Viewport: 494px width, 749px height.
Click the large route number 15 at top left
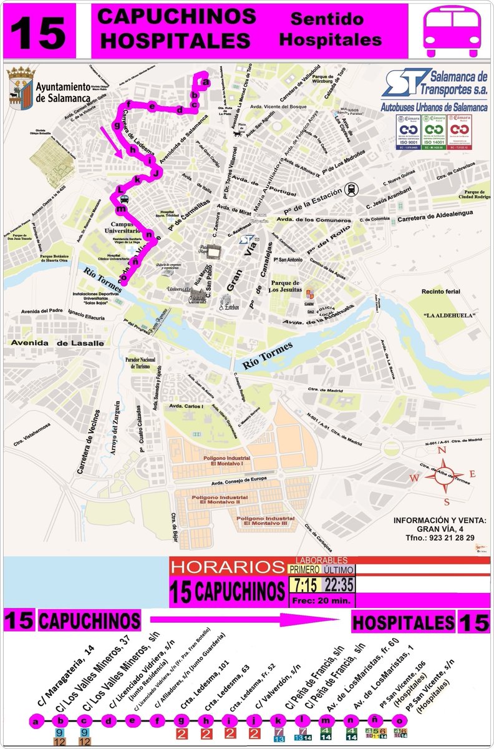coord(39,31)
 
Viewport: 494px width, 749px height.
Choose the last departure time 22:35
coord(339,585)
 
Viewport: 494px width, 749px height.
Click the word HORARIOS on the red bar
coord(227,567)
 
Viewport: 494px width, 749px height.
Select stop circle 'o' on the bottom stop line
coord(400,722)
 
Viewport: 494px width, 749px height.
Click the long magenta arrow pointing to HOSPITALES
coord(243,620)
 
